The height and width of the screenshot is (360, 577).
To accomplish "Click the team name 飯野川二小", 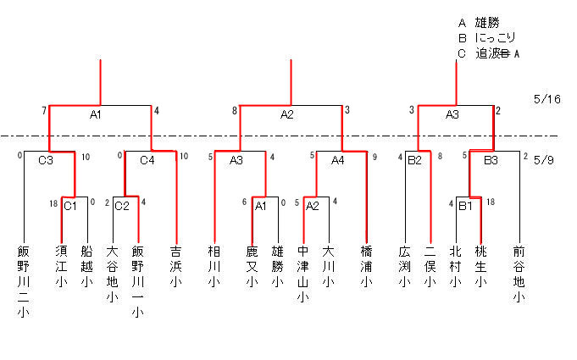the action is click(x=23, y=281).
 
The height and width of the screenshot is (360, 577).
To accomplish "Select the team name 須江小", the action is click(x=62, y=266).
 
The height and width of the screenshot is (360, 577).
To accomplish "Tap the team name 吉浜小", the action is click(x=176, y=266).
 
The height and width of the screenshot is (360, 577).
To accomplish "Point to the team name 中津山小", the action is click(x=302, y=274).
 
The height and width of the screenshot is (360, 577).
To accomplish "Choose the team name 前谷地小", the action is click(x=519, y=274).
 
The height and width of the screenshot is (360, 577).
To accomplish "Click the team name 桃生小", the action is click(x=481, y=266).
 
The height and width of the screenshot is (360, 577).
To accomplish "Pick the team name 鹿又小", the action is click(x=252, y=266).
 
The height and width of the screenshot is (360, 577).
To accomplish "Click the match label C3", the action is click(x=46, y=160).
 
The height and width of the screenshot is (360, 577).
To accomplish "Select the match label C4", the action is click(x=147, y=160).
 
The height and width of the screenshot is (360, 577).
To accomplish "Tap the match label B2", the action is click(x=414, y=160).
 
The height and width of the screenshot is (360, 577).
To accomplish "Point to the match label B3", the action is click(x=491, y=160).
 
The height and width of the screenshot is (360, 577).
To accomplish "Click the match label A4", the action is click(x=337, y=160).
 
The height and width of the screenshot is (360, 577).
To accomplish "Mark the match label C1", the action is click(x=70, y=206).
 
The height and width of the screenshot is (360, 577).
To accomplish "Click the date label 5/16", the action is click(x=547, y=99).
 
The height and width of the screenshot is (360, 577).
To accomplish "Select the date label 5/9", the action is click(x=544, y=160).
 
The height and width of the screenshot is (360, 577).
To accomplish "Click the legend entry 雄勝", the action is click(x=487, y=23).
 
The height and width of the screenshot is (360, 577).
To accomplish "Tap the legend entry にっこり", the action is click(x=496, y=38).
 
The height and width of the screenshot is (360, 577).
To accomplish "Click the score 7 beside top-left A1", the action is click(x=44, y=110).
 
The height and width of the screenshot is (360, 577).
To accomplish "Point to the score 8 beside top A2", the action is click(x=235, y=110).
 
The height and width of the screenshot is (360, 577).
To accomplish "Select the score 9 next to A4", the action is click(x=374, y=157).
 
